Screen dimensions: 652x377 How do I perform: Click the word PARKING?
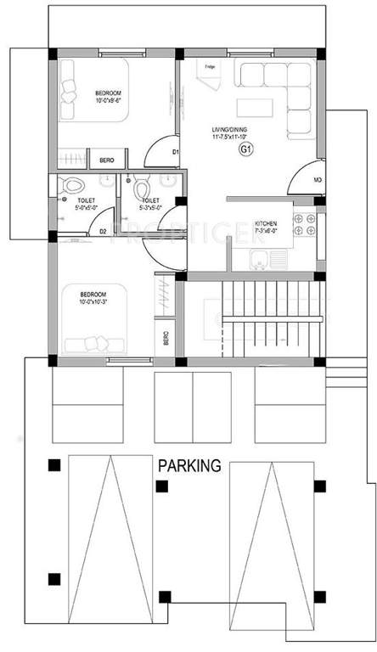188,465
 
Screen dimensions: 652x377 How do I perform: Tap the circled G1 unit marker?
247,150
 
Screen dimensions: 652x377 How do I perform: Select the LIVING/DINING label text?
231,130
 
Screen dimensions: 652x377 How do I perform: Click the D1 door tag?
175,152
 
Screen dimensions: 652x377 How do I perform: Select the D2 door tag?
103,230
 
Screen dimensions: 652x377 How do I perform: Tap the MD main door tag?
318,181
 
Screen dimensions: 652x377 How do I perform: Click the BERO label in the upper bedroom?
107,159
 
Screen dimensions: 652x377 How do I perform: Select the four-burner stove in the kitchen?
304,224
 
